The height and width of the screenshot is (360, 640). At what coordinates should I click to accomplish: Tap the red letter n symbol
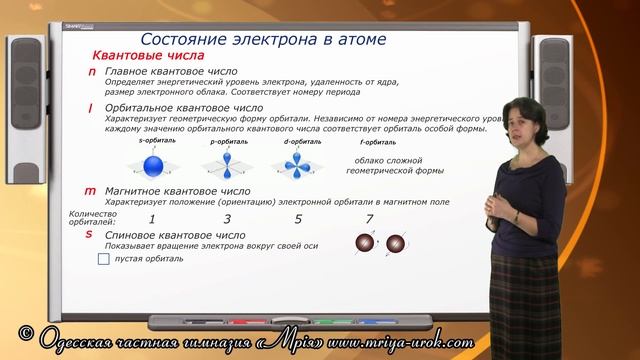click(x=92, y=74)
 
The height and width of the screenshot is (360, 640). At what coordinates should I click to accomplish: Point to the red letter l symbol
click(x=91, y=107)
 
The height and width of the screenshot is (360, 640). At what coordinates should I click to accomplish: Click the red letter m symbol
click(x=90, y=190)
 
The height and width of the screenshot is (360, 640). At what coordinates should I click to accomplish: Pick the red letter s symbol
click(x=90, y=235)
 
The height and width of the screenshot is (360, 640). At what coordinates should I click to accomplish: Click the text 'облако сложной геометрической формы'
click(x=385, y=165)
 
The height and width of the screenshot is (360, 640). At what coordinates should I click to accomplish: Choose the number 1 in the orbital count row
click(x=151, y=218)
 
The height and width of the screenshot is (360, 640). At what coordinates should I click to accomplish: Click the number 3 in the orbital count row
click(x=227, y=218)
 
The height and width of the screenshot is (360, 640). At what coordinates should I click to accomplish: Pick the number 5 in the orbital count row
click(x=298, y=218)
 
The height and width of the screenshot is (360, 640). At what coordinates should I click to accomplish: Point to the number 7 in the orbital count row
click(x=370, y=218)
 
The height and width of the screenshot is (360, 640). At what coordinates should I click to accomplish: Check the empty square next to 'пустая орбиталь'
click(x=104, y=259)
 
